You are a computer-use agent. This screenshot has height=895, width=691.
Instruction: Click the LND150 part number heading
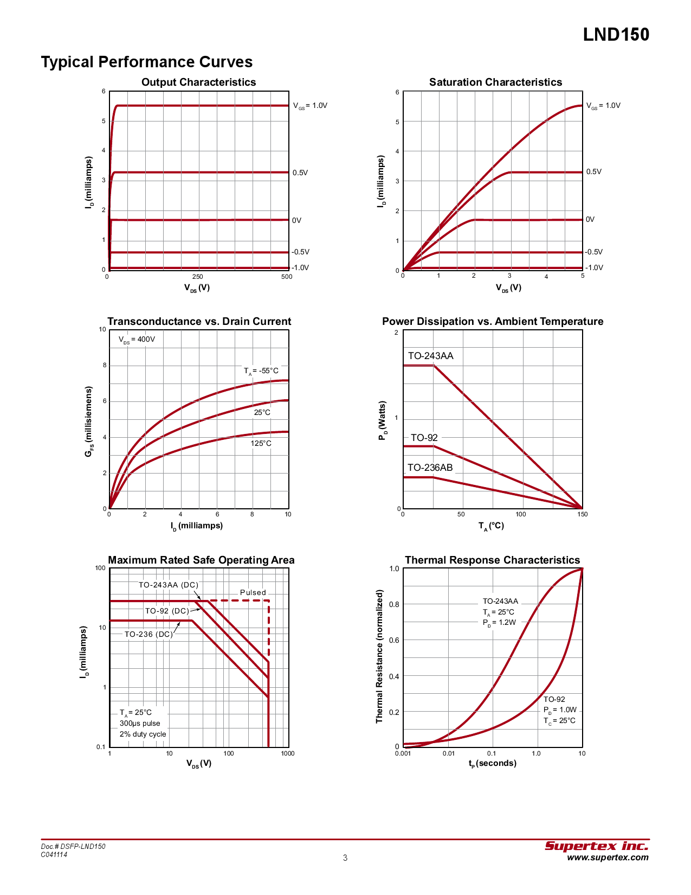click(616, 35)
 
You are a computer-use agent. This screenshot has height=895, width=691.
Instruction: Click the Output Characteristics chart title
click(198, 82)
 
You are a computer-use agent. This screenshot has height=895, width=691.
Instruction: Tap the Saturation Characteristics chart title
click(495, 82)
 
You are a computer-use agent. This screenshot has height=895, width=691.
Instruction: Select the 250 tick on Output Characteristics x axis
click(198, 277)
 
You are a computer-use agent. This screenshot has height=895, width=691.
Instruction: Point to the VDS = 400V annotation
click(137, 340)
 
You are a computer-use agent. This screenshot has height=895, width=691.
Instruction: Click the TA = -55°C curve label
click(261, 371)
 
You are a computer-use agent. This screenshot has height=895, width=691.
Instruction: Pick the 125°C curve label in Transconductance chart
click(261, 443)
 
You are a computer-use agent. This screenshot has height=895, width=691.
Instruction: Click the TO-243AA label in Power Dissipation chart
click(430, 356)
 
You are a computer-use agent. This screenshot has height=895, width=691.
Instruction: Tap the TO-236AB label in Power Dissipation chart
click(430, 468)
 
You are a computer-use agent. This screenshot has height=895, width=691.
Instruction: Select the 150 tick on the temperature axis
click(582, 514)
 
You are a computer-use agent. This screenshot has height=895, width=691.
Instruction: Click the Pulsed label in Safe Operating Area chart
click(253, 592)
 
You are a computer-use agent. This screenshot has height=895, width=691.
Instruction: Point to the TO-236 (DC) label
click(148, 634)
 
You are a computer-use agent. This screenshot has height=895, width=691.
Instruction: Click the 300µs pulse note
click(140, 723)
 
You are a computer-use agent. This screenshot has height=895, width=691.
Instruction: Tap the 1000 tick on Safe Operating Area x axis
click(288, 753)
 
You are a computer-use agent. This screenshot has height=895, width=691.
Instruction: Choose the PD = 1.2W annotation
click(499, 622)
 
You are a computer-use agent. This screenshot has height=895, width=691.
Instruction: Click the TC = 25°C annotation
click(559, 720)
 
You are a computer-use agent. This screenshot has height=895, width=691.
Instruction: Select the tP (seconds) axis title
click(492, 763)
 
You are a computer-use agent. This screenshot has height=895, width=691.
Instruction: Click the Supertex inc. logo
click(596, 846)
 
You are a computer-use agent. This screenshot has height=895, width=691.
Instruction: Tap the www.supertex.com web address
click(608, 858)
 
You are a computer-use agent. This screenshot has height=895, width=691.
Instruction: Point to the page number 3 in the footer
click(345, 858)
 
